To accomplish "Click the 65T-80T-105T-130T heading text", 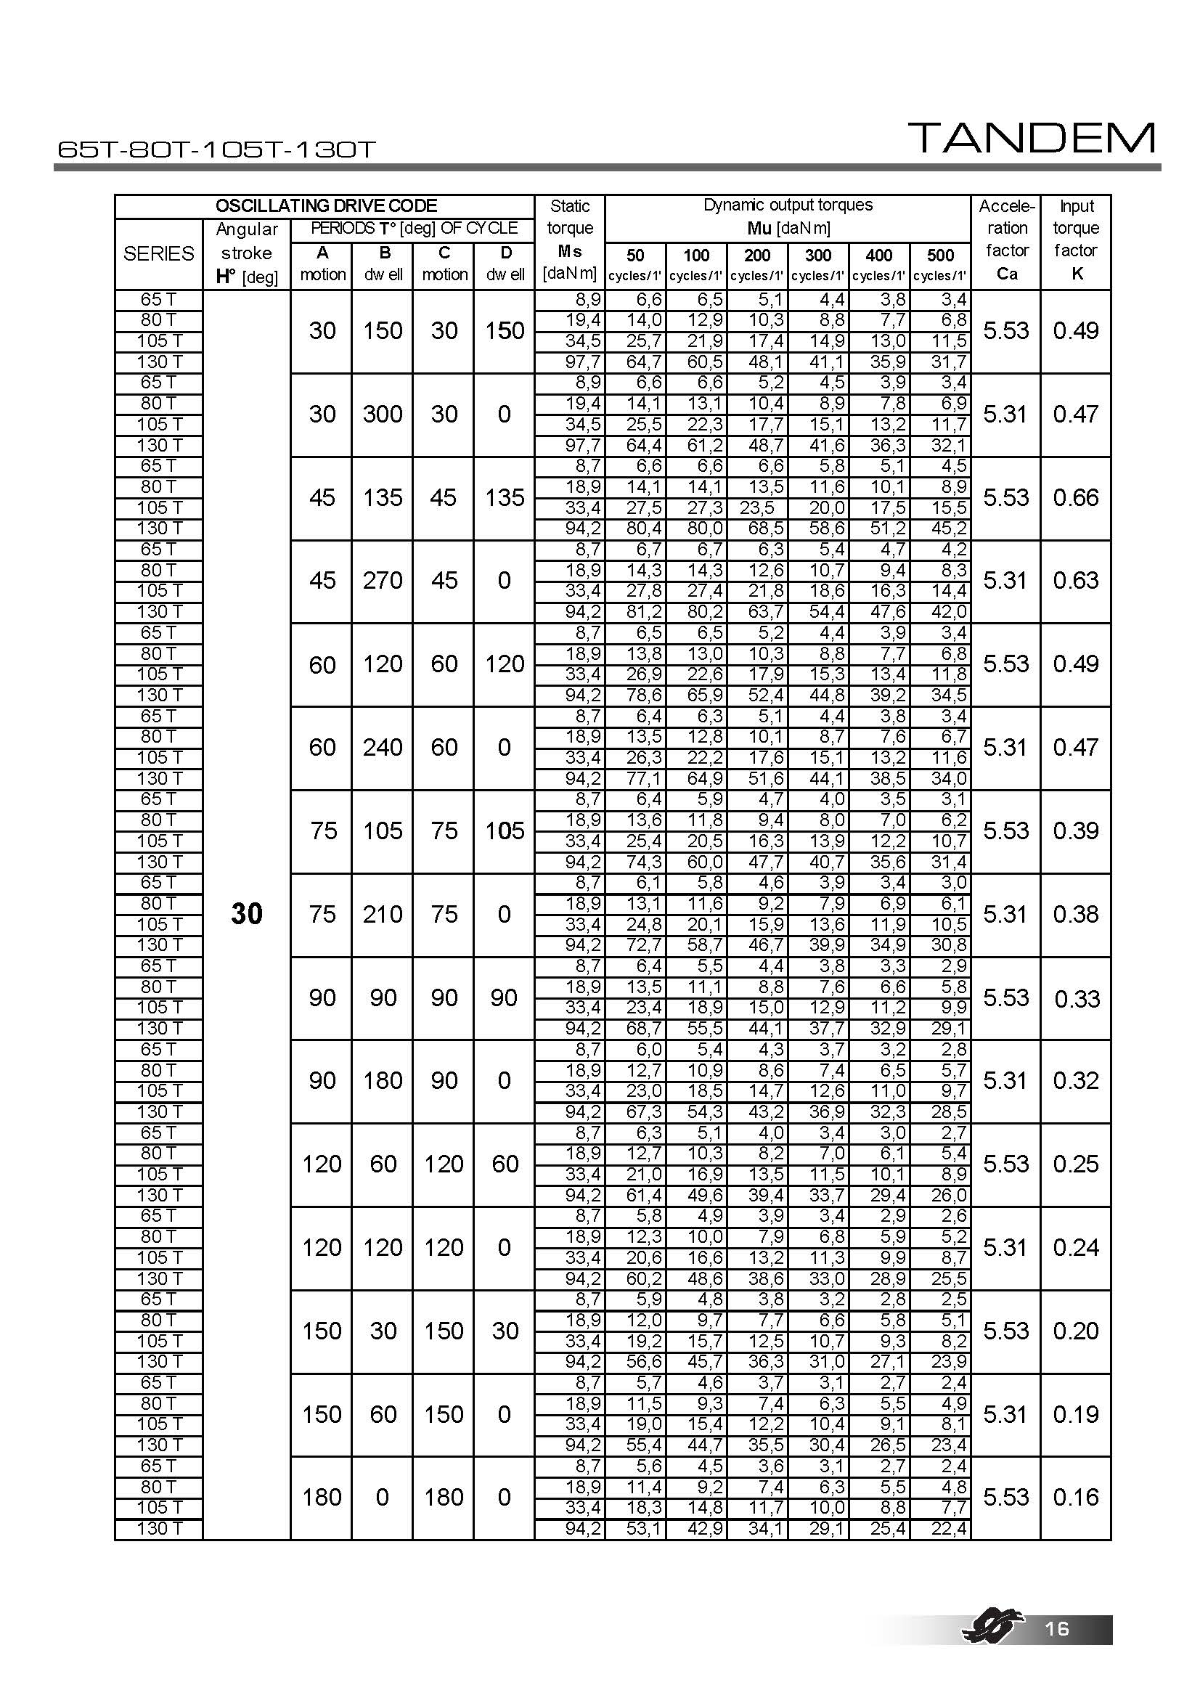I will [x=216, y=150].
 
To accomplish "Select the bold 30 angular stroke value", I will [x=246, y=914].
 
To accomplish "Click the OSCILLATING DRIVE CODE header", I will [x=325, y=205].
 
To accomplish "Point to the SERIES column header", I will [x=158, y=253].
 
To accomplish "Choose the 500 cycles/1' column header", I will [x=939, y=264].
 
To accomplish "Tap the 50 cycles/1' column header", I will [x=634, y=264].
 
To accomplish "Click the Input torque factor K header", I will [x=1076, y=240].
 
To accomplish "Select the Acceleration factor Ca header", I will [x=1006, y=240].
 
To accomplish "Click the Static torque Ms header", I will [x=569, y=240].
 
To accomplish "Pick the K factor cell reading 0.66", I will [x=1076, y=498].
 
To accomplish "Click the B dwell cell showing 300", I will [x=383, y=414].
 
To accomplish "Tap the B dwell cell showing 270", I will [x=383, y=581].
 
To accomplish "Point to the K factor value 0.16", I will [x=1076, y=1498].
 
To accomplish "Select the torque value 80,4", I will [x=644, y=528].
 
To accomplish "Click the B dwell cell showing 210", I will [x=383, y=915].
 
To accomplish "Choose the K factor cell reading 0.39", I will [x=1076, y=831].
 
